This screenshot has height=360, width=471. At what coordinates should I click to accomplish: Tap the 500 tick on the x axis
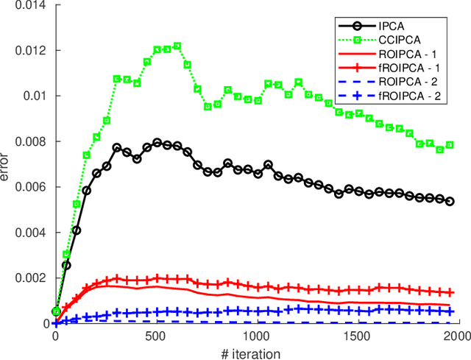156,336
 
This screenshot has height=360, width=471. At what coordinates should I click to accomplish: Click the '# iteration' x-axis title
250,353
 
